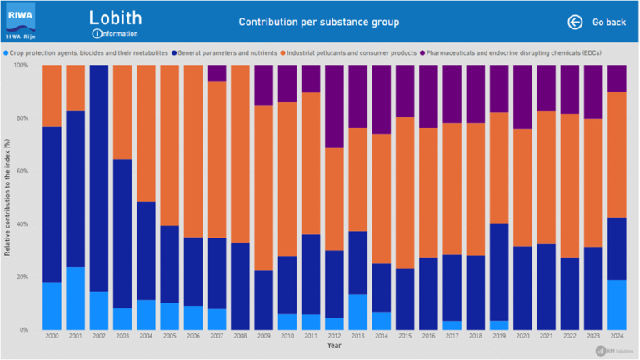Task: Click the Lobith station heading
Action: (115, 17)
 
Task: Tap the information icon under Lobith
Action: (97, 33)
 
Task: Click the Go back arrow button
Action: (575, 22)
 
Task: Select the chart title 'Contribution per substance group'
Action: (318, 22)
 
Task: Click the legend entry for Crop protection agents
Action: (7, 52)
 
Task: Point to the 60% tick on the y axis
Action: (23, 172)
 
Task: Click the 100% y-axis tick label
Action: (22, 66)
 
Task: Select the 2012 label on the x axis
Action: (334, 336)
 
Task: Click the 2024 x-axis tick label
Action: (617, 336)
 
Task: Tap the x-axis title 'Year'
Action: (334, 346)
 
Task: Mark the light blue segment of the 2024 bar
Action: (617, 304)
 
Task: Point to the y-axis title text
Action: (7, 197)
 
